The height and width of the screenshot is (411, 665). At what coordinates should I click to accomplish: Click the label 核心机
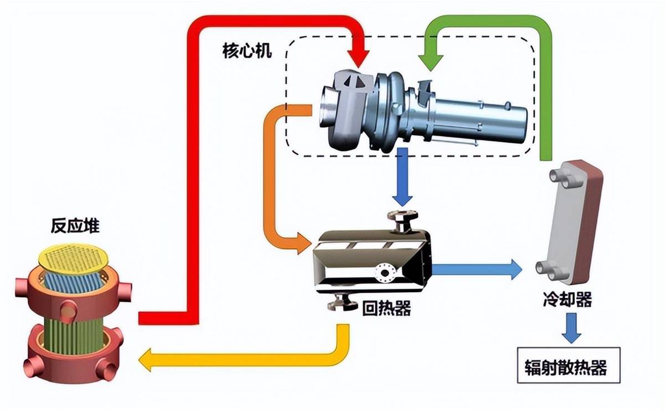pyautogui.click(x=247, y=51)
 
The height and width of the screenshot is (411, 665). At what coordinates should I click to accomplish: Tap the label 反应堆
pyautogui.click(x=75, y=226)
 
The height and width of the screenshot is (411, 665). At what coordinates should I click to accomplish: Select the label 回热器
pyautogui.click(x=387, y=309)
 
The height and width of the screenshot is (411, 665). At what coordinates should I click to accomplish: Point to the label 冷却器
pyautogui.click(x=567, y=299)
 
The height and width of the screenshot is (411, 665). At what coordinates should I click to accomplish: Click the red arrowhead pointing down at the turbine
pyautogui.click(x=359, y=59)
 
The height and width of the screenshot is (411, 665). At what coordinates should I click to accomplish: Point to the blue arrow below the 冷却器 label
pyautogui.click(x=571, y=329)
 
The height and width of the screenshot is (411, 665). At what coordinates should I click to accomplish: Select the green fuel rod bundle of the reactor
pyautogui.click(x=73, y=335)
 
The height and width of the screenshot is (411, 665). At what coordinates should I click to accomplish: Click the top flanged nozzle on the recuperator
pyautogui.click(x=403, y=221)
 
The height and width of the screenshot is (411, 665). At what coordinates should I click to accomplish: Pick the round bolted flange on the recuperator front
pyautogui.click(x=385, y=273)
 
